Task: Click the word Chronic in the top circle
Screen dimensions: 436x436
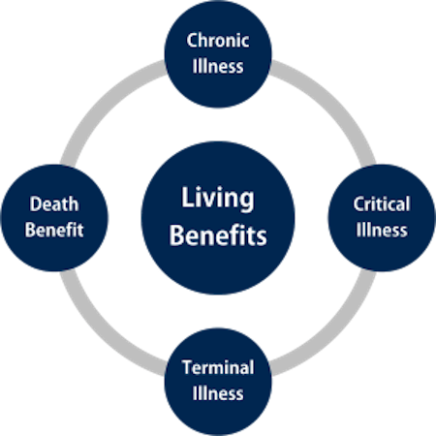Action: coord(218,41)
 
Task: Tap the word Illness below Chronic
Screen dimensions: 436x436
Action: coord(218,66)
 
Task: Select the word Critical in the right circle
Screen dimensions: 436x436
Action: coord(382,204)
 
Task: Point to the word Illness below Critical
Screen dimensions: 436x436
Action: coord(382,230)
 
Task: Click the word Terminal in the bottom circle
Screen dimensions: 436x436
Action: coord(218,367)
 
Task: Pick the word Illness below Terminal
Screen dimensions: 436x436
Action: coord(218,393)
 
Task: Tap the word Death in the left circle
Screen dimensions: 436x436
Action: coord(54,204)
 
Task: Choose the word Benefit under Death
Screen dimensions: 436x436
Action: coord(54,230)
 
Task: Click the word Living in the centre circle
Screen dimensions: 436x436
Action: coord(218,199)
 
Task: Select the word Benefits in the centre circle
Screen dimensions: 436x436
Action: coord(218,235)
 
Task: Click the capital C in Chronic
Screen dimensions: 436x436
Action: coord(193,41)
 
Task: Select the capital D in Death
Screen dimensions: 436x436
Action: coord(36,204)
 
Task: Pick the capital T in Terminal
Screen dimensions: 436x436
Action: coord(188,367)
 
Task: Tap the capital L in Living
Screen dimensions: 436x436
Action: coord(187,197)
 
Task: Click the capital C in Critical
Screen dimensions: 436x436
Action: coord(358,204)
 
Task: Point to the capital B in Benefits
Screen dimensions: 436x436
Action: coord(176,235)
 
